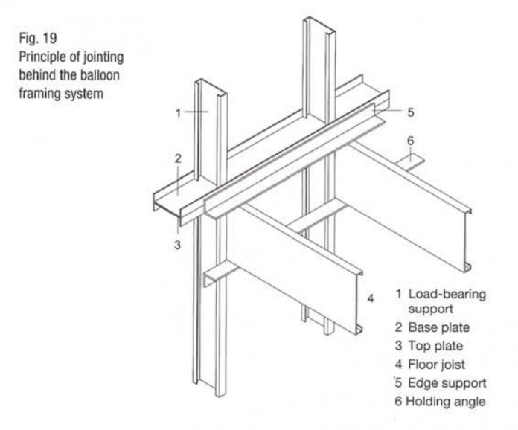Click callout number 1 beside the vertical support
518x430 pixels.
(179, 113)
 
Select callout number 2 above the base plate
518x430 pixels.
(179, 158)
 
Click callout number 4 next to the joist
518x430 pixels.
(370, 299)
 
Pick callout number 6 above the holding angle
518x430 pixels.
(410, 140)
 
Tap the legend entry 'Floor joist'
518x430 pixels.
(440, 365)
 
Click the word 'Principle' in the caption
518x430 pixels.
(39, 58)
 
